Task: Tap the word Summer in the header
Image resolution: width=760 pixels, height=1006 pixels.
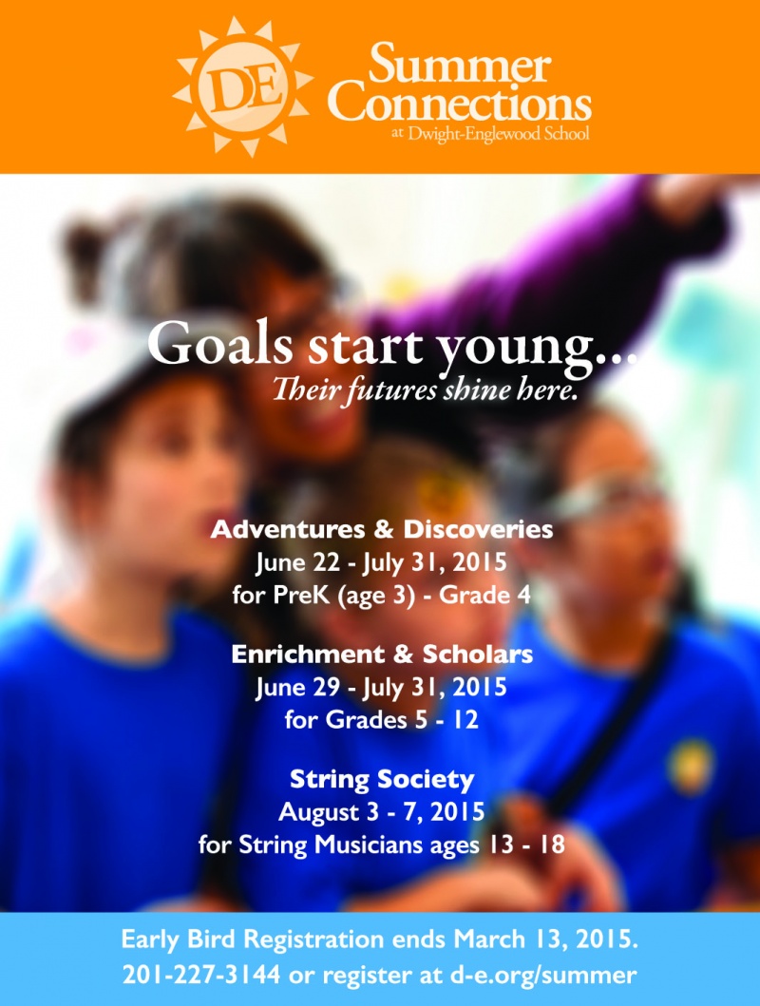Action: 459,65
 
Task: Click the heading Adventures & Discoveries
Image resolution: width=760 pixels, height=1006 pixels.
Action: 382,529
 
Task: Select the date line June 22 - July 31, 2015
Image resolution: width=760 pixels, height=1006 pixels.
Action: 382,562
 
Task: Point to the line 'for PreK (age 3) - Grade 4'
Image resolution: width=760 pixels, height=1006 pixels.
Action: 382,596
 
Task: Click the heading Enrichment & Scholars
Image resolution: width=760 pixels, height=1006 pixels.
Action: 382,654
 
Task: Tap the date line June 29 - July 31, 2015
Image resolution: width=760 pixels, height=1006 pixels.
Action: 382,687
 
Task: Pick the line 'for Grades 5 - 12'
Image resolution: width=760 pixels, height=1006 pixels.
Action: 382,720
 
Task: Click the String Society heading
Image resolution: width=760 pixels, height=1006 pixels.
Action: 382,780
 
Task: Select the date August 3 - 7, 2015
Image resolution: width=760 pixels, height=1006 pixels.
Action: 382,812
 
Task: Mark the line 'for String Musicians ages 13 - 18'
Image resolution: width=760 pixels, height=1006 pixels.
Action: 382,845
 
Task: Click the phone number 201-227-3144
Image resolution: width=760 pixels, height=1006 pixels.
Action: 201,976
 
